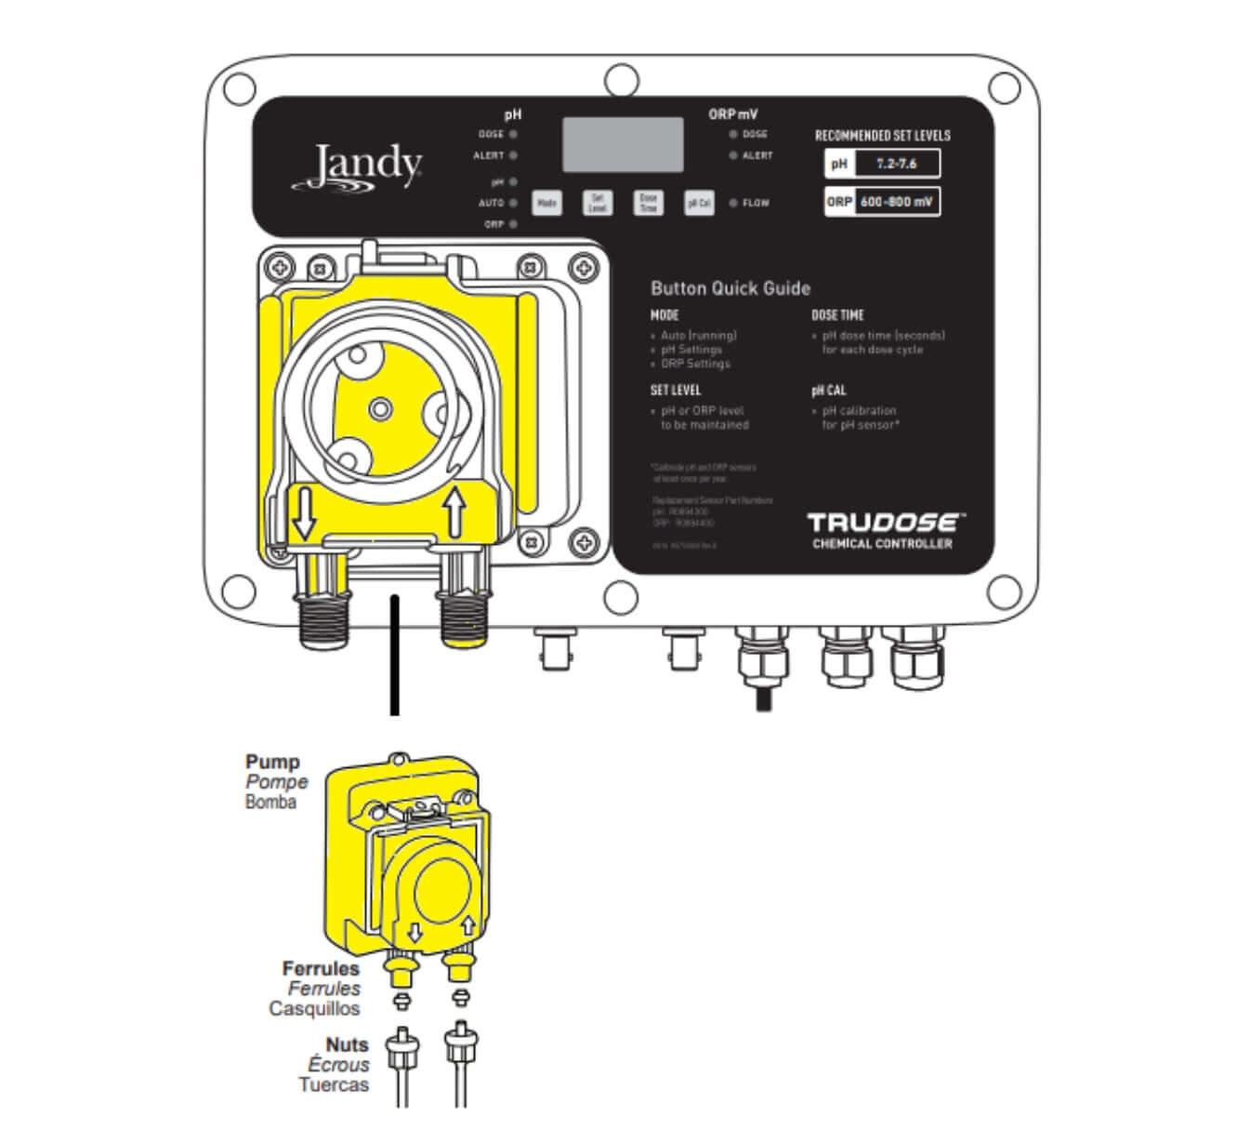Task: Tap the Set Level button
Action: [x=598, y=203]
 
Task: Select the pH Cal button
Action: [x=699, y=203]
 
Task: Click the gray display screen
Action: [x=623, y=144]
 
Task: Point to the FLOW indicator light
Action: [x=733, y=203]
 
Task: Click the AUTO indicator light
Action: [x=513, y=203]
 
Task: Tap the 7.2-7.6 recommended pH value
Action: [x=896, y=164]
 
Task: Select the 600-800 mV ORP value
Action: [x=896, y=202]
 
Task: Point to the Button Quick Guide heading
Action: [x=730, y=288]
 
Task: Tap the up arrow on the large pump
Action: [x=454, y=511]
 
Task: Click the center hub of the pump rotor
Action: [x=379, y=408]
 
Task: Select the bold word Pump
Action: [x=272, y=763]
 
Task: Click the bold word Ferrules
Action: [x=321, y=969]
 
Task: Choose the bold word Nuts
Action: [x=347, y=1045]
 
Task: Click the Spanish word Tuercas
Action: [x=334, y=1084]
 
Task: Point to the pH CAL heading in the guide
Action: [x=828, y=391]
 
